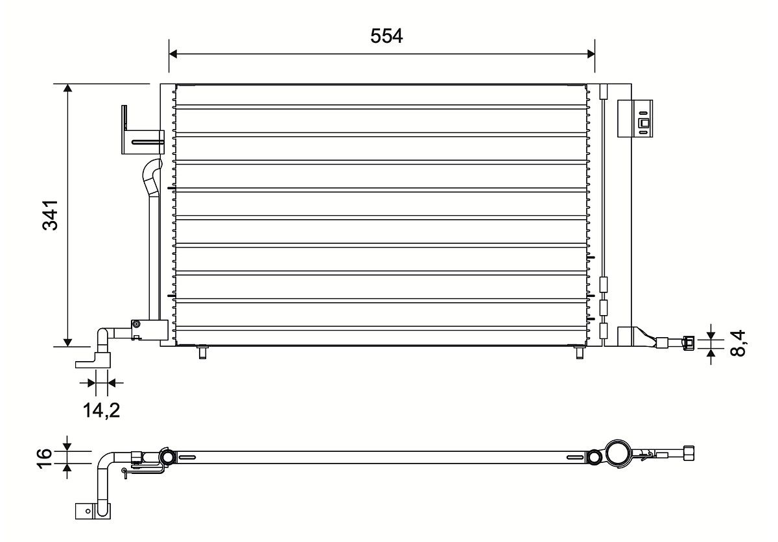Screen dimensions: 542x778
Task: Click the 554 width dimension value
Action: pyautogui.click(x=386, y=37)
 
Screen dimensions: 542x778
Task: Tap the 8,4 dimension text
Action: pyautogui.click(x=738, y=343)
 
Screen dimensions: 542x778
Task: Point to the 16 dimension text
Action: pyautogui.click(x=45, y=456)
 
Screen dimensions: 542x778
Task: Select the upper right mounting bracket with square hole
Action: pyautogui.click(x=636, y=118)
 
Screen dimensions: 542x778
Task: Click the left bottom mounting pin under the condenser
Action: pyautogui.click(x=202, y=352)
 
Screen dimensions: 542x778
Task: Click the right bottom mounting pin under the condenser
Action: pyautogui.click(x=579, y=352)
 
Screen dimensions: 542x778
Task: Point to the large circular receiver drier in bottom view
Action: pyautogui.click(x=618, y=453)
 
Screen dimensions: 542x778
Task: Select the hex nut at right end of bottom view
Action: pyautogui.click(x=689, y=452)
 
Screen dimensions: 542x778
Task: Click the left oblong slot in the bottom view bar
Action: pyautogui.click(x=186, y=458)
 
